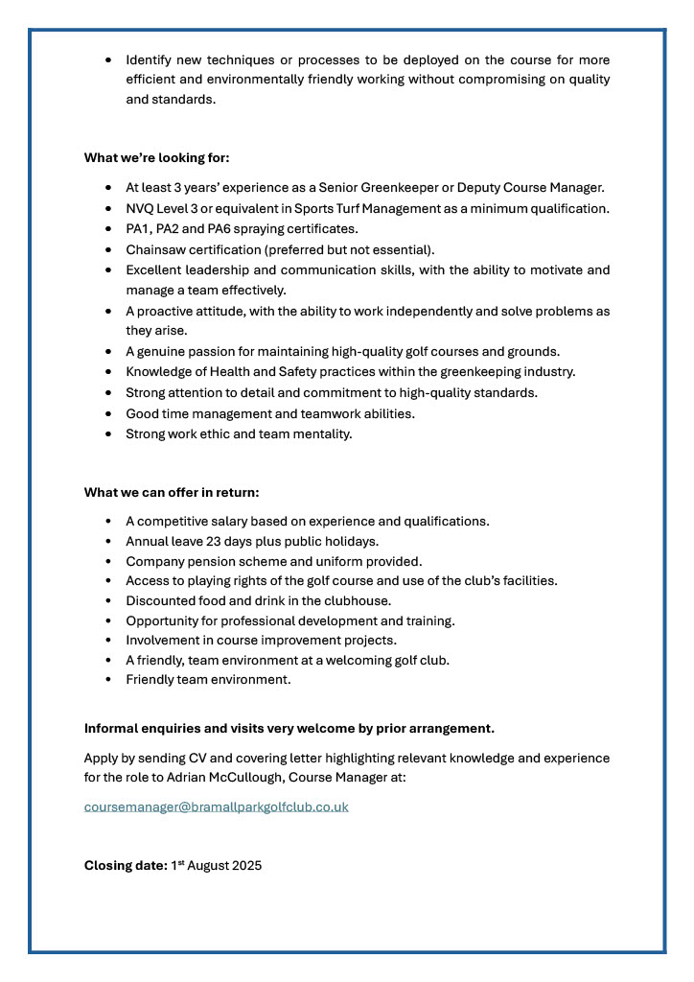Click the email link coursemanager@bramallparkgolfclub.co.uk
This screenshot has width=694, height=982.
216,807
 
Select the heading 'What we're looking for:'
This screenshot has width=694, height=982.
156,157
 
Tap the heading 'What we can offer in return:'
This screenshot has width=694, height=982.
172,492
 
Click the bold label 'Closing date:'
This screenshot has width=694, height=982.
125,865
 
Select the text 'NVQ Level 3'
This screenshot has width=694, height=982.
161,208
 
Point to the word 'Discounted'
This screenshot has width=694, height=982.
160,600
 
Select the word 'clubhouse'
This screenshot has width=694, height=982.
358,600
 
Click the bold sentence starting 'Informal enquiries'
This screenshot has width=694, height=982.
289,728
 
